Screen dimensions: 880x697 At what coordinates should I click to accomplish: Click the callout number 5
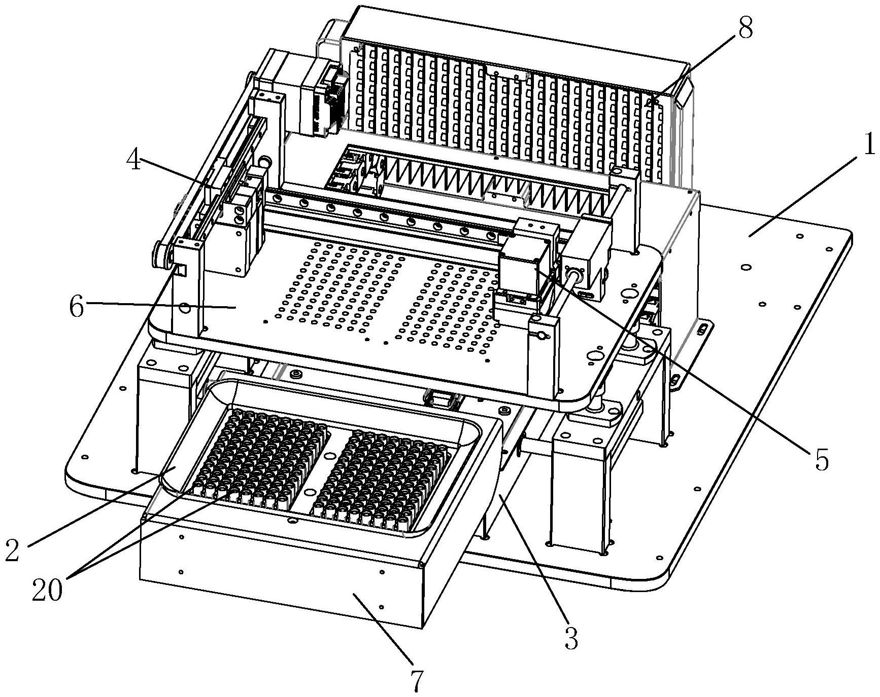click(x=821, y=460)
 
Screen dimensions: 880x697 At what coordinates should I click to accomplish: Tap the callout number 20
click(x=48, y=590)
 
